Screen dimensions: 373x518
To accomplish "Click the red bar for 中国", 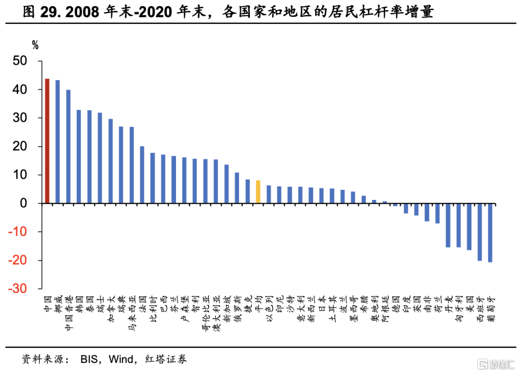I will [x=47, y=141].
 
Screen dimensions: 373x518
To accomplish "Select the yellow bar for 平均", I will [x=258, y=192].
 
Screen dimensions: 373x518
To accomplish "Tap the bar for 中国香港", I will [x=69, y=147].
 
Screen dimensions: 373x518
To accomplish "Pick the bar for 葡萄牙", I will [x=490, y=233].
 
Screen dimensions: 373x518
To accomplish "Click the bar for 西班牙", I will [x=480, y=232].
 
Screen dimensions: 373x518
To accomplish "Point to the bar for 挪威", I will [x=58, y=142].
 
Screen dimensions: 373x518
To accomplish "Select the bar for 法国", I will [x=142, y=175].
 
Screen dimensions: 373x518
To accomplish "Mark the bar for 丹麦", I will [x=448, y=225].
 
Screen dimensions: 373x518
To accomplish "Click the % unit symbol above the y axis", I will [x=35, y=46].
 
